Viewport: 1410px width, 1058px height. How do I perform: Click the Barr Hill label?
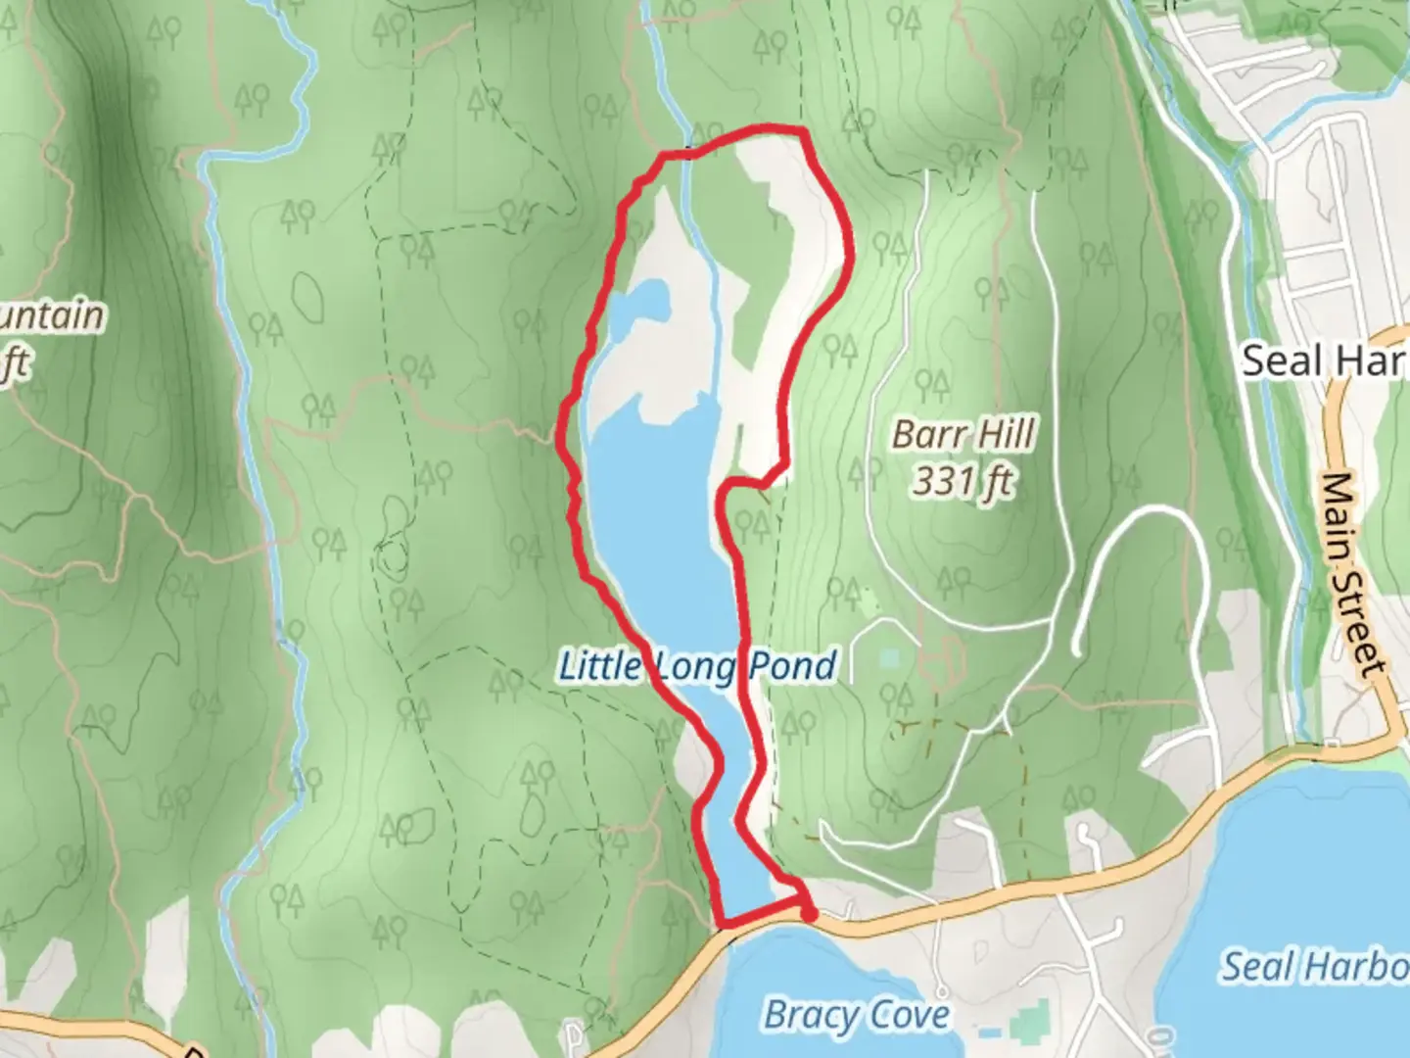pyautogui.click(x=963, y=434)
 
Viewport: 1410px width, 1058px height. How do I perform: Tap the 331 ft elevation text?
pyautogui.click(x=962, y=481)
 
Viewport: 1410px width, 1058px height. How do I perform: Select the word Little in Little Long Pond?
pyautogui.click(x=599, y=666)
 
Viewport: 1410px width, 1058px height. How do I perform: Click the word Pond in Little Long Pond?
pyautogui.click(x=793, y=666)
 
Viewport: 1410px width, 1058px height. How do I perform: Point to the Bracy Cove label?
pyautogui.click(x=857, y=1015)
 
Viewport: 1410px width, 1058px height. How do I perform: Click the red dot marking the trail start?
pyautogui.click(x=809, y=914)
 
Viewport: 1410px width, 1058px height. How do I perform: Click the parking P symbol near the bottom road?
pyautogui.click(x=573, y=1034)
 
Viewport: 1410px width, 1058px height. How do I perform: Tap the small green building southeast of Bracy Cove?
pyautogui.click(x=1029, y=1022)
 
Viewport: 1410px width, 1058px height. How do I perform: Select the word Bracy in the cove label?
pyautogui.click(x=805, y=1015)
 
